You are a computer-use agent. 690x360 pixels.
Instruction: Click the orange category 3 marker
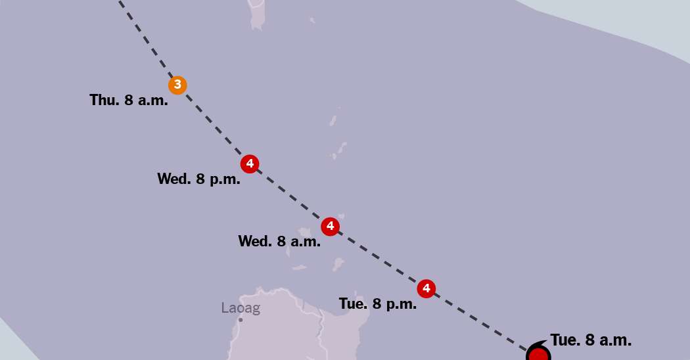point(177,85)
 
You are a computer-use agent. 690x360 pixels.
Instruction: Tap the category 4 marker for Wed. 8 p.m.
point(249,164)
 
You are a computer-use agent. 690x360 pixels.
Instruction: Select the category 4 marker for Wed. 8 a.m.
point(330,227)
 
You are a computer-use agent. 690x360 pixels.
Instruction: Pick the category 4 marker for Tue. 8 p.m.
point(426,288)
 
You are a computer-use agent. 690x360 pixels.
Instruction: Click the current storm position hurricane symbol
point(538,354)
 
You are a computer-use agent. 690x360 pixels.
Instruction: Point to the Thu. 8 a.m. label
point(129,101)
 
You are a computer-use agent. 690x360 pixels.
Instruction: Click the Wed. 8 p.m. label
point(198,179)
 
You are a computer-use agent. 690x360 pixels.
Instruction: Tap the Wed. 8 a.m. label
point(279,241)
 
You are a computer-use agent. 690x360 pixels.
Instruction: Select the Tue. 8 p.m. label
point(378,304)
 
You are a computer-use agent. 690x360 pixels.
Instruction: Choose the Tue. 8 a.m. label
point(591,340)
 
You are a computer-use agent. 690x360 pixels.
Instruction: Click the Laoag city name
point(241,308)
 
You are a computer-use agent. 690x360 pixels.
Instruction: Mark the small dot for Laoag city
point(241,320)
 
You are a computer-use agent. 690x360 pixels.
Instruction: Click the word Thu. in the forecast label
point(104,101)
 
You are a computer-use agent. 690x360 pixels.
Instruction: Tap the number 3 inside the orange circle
point(177,85)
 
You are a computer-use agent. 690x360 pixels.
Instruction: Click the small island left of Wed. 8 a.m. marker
point(304,233)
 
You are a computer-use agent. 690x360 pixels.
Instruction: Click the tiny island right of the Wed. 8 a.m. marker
point(342,216)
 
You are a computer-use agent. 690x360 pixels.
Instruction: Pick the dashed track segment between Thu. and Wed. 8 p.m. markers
point(213,124)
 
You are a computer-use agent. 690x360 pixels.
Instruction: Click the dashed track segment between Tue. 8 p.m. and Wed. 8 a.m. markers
point(378,258)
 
